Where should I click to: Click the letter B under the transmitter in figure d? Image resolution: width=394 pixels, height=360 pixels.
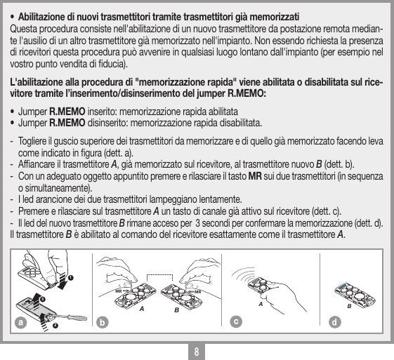pos(348,307)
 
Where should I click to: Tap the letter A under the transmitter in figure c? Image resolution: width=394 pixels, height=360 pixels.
pos(261,304)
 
